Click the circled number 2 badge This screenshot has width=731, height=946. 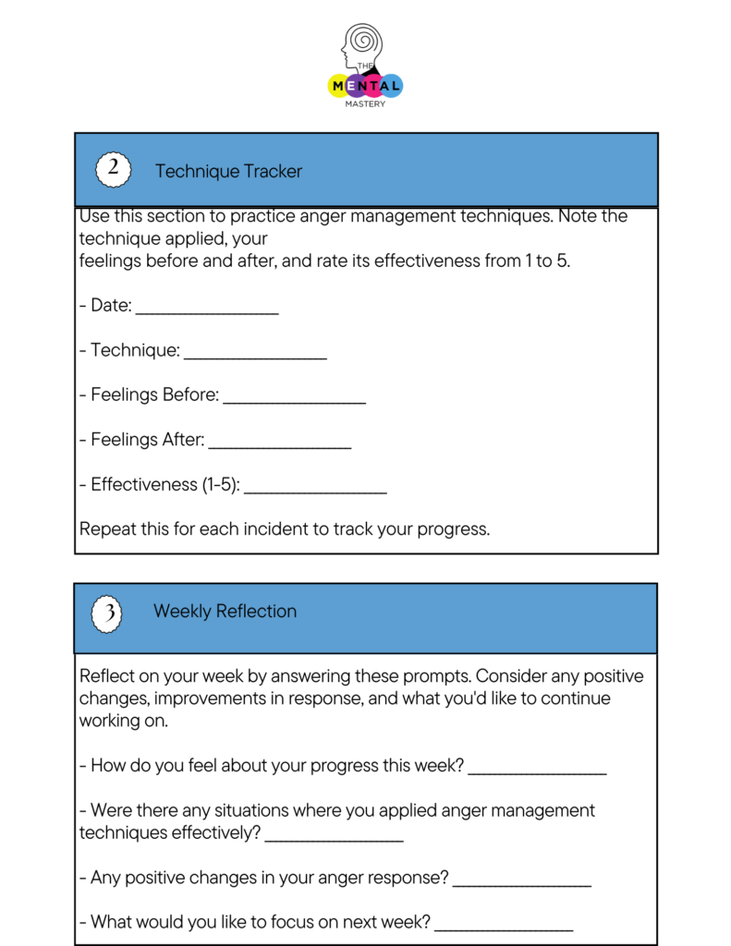click(113, 170)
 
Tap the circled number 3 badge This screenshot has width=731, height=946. click(107, 612)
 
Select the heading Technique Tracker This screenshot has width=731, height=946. click(228, 171)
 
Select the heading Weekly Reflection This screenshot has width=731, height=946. click(225, 612)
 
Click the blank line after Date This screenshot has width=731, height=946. click(207, 310)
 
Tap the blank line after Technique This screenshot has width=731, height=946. click(255, 356)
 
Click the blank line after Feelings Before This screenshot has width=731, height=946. click(294, 400)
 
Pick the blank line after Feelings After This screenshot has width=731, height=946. click(279, 445)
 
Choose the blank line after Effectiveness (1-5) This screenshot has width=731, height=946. click(315, 490)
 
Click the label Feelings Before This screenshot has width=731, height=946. click(154, 395)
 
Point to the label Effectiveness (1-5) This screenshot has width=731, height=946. click(164, 485)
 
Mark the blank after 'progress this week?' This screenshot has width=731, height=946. click(537, 770)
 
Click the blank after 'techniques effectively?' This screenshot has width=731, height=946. click(334, 838)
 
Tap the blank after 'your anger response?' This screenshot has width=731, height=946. click(522, 883)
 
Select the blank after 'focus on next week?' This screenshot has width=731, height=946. click(504, 928)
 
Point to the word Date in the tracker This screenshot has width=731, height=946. click(111, 306)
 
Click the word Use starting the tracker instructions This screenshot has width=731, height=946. click(95, 216)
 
